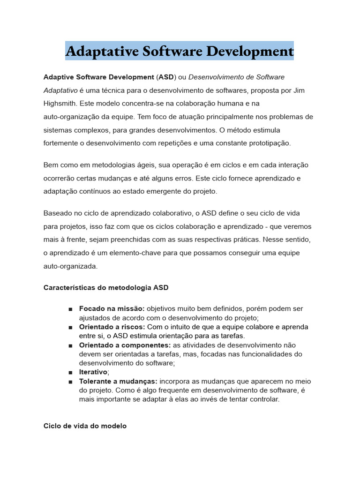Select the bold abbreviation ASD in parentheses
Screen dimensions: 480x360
click(x=166, y=77)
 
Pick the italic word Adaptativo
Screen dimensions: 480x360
click(x=60, y=90)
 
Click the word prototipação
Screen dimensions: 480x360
click(x=270, y=143)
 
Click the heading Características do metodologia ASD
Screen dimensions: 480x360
click(x=106, y=287)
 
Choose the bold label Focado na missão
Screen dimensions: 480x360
click(x=112, y=309)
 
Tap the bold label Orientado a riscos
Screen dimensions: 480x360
click(x=112, y=327)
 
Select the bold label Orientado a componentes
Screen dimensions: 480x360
click(x=125, y=345)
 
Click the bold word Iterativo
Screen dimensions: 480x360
click(x=93, y=372)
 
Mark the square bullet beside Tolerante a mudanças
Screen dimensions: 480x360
click(x=70, y=382)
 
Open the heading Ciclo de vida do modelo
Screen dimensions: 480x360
click(x=85, y=426)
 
